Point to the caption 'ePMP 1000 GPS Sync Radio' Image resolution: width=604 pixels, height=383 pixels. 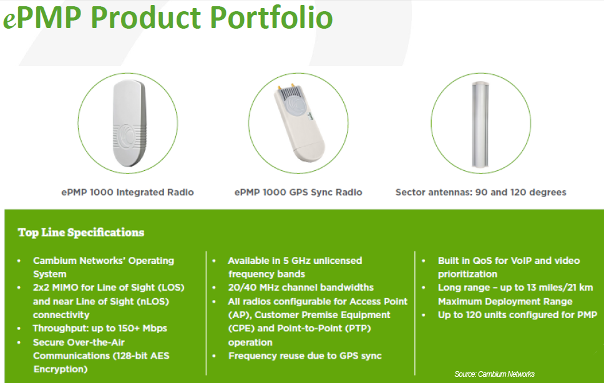point(298,192)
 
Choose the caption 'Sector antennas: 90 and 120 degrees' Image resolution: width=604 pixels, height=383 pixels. point(480,192)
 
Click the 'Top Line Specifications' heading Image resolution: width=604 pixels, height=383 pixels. point(81,233)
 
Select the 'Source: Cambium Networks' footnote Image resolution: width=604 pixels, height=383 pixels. point(494,374)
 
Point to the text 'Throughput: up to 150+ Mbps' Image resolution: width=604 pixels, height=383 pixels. point(100,328)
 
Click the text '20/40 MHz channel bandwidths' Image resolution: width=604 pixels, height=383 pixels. point(300,288)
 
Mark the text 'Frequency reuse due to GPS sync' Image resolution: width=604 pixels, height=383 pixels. point(304,356)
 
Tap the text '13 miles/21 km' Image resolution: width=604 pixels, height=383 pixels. point(548,288)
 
